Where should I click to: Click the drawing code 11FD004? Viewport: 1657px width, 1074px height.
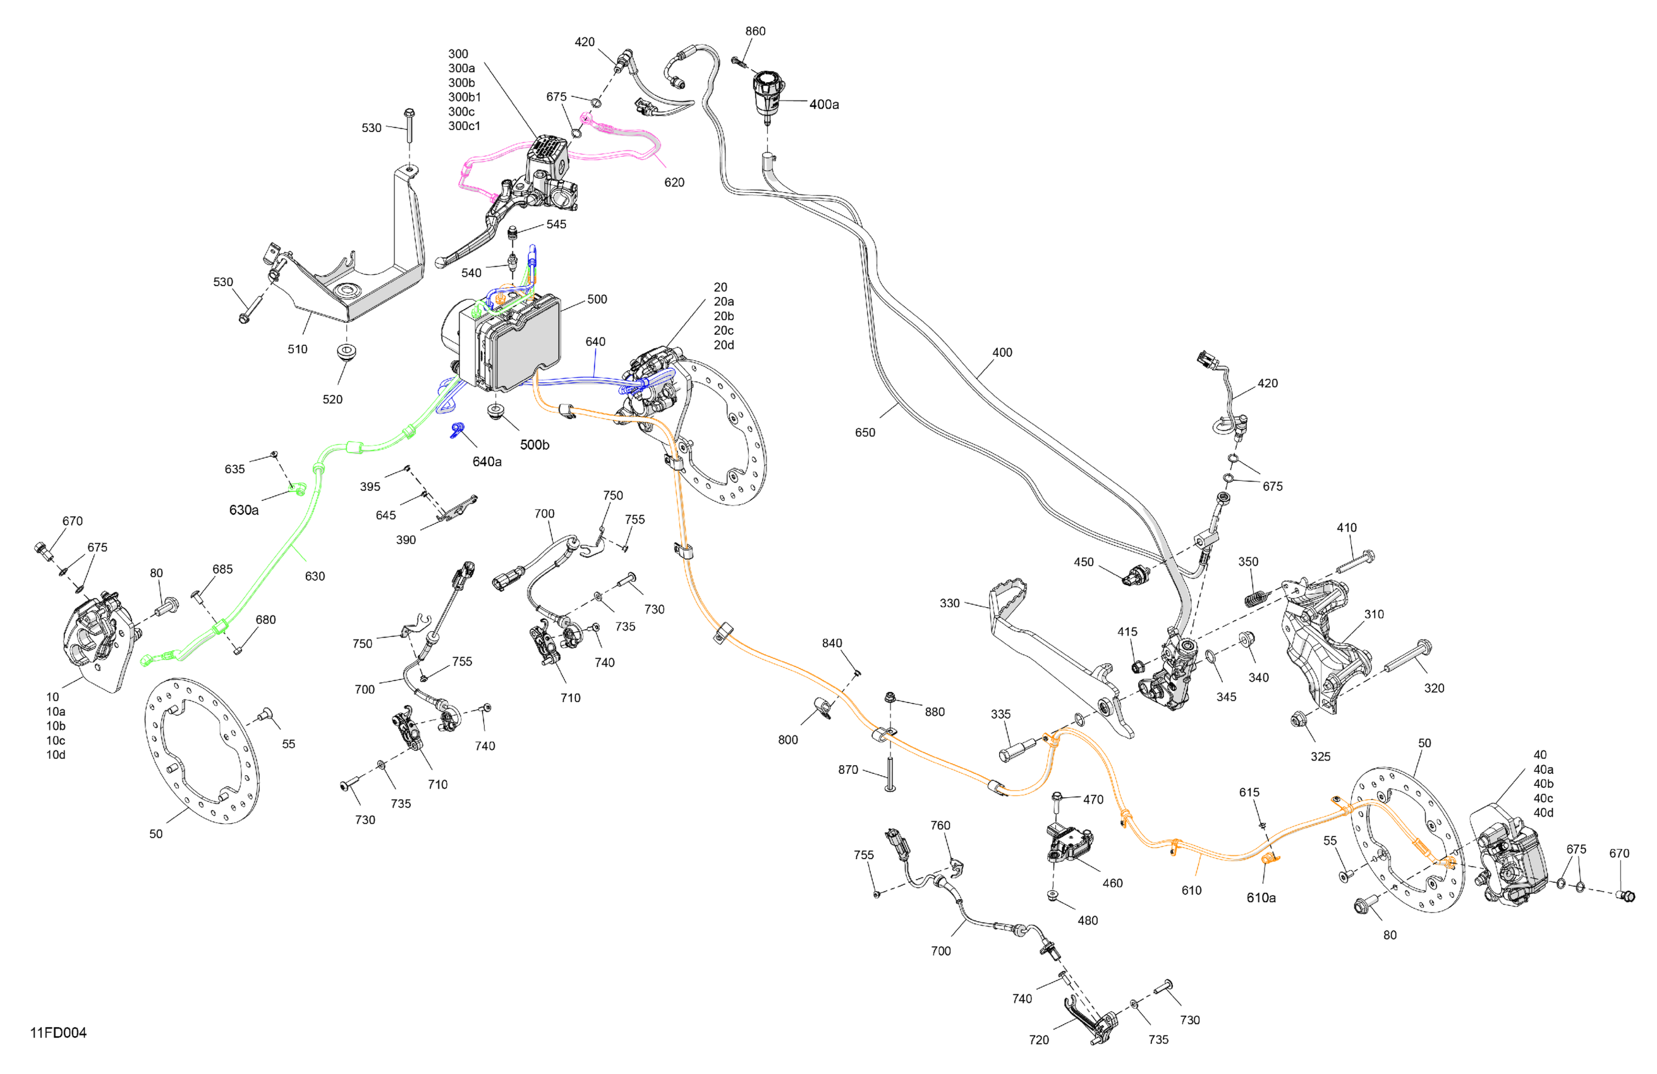point(59,1033)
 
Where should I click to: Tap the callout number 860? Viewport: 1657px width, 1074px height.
point(755,32)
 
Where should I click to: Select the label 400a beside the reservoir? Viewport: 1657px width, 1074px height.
point(823,104)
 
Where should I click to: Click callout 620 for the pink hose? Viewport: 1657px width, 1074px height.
point(673,183)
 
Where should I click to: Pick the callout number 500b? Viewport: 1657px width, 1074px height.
point(534,445)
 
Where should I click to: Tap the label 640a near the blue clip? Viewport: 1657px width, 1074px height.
point(487,461)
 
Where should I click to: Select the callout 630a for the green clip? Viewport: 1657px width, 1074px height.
point(244,510)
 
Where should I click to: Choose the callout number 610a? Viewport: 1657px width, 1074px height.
point(1261,898)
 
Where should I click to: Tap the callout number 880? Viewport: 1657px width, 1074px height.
point(934,711)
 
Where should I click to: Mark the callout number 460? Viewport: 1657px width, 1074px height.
point(1112,883)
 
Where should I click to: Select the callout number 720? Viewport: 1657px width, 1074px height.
point(1038,1040)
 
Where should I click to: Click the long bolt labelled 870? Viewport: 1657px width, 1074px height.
point(890,773)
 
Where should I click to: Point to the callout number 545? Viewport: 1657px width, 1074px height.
point(555,224)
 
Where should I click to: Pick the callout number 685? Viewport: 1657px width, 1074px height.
point(222,569)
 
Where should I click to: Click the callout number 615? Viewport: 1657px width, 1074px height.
point(1249,792)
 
